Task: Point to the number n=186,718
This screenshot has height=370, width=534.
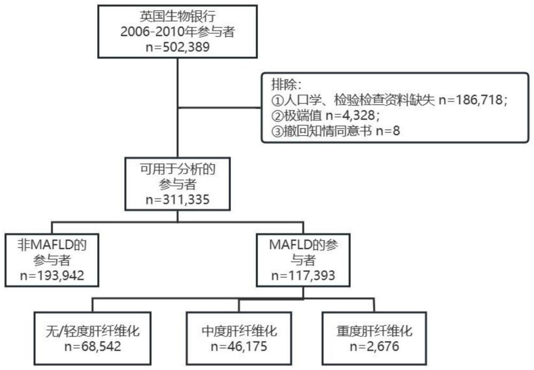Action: coord(468,100)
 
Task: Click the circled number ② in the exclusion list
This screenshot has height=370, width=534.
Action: coord(277,115)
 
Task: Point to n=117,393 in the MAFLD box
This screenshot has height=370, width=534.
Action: coord(304,276)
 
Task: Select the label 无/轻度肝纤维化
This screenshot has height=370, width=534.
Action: coord(93,331)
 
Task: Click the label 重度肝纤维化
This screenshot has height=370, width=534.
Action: coord(374,331)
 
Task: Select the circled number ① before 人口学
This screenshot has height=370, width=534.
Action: coord(277,100)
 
